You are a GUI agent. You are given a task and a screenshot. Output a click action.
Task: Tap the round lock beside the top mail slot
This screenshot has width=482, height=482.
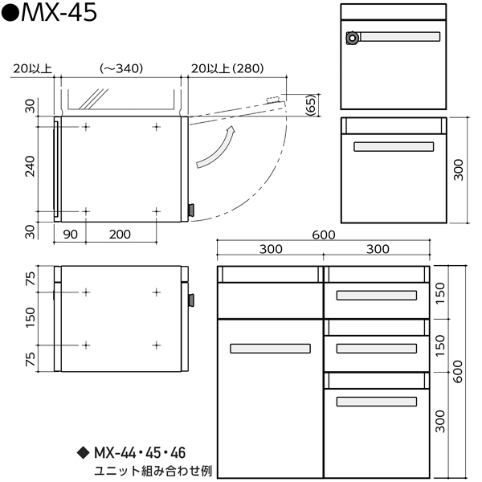click(x=353, y=38)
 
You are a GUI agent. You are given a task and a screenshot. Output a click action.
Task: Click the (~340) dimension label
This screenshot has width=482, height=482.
click(x=121, y=68)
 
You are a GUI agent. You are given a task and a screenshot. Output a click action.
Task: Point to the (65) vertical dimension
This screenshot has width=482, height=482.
click(x=311, y=105)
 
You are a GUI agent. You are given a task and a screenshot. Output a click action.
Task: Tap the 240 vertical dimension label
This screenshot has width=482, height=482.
click(x=30, y=166)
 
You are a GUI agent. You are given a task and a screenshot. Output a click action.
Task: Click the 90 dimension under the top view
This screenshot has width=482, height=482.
click(x=71, y=235)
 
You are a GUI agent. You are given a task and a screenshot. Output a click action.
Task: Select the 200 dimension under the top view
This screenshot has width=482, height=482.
click(x=120, y=235)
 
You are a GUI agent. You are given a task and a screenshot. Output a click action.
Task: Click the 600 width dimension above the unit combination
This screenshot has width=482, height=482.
click(x=324, y=235)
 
